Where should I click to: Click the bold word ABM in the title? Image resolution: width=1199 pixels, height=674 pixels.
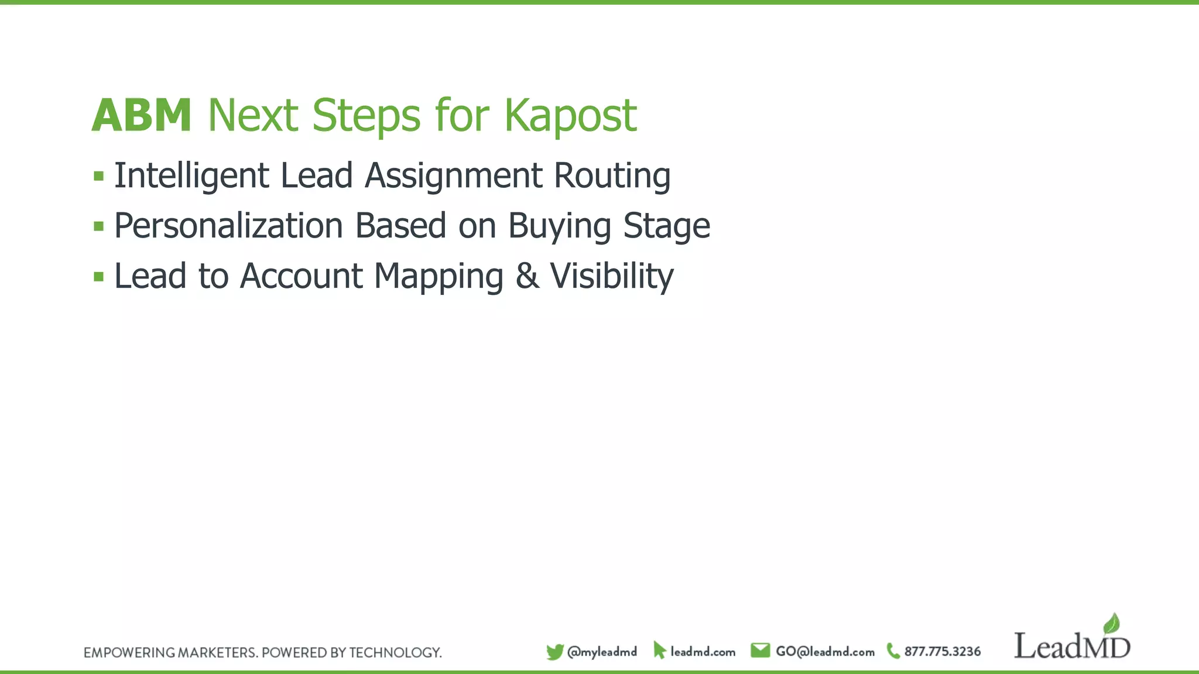click(142, 115)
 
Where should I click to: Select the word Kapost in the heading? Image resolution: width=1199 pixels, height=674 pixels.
click(570, 115)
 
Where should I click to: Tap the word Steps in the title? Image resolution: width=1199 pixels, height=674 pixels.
click(366, 115)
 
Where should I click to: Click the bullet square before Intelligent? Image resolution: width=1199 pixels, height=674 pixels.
click(98, 176)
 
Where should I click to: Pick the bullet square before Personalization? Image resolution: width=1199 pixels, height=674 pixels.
click(98, 226)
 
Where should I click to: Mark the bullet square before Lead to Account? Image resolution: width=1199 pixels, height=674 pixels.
click(98, 277)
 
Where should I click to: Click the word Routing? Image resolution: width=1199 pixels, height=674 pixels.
click(612, 176)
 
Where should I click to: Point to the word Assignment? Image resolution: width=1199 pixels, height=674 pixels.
click(454, 176)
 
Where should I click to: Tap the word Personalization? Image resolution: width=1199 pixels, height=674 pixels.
click(228, 226)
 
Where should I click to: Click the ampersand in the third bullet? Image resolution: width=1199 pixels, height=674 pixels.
click(527, 277)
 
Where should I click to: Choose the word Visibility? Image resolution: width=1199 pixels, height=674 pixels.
click(612, 277)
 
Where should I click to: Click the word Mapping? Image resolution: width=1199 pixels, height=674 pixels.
click(439, 277)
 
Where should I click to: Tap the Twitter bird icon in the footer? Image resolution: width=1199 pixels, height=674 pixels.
click(554, 652)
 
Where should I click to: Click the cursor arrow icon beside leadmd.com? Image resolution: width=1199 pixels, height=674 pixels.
click(659, 651)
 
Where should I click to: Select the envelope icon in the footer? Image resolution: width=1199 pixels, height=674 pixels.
click(760, 651)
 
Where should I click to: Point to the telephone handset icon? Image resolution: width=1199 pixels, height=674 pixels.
click(893, 651)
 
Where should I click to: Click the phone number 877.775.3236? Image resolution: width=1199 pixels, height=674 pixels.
click(942, 652)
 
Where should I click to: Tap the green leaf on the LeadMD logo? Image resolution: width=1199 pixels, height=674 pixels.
click(1111, 624)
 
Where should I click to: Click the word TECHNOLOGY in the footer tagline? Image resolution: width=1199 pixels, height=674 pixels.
click(395, 653)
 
